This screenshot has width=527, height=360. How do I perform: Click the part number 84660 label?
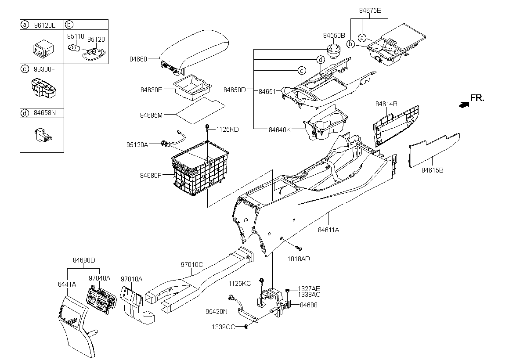[x=138, y=59]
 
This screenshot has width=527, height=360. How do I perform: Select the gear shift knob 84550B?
[x=334, y=51]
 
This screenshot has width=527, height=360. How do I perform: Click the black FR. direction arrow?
[x=463, y=104]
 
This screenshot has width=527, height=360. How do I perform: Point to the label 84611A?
[x=328, y=230]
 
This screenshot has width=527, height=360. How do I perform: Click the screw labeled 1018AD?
[x=299, y=248]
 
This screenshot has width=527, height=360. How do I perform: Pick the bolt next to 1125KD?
[x=207, y=128]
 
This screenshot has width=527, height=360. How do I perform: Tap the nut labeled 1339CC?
[x=246, y=327]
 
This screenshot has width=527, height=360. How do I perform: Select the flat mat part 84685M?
[x=201, y=111]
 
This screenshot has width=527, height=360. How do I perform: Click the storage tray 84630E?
[x=193, y=87]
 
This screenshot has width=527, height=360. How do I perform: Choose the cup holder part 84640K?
[x=326, y=123]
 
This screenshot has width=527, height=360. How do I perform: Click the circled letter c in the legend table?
[x=25, y=69]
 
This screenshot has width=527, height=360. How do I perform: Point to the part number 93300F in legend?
[x=44, y=69]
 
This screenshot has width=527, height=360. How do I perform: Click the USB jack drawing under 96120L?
[x=43, y=49]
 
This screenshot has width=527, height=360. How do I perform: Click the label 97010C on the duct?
[x=192, y=265]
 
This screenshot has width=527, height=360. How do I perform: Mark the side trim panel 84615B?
[x=434, y=151]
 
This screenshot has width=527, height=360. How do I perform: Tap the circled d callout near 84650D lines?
[x=321, y=60]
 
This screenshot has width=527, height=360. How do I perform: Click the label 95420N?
[x=217, y=312]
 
